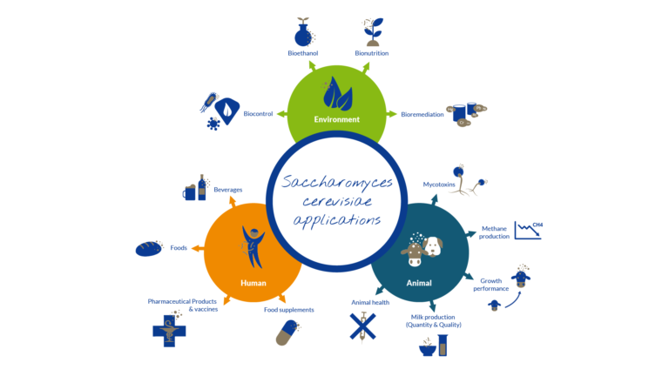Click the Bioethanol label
(x=303, y=54)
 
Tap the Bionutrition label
(x=371, y=54)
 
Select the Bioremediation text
(x=422, y=114)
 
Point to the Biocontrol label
(x=260, y=114)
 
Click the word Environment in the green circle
(x=336, y=119)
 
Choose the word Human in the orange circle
(x=253, y=283)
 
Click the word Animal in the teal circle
(x=419, y=283)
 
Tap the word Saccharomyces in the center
(x=336, y=184)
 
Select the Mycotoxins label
(x=439, y=185)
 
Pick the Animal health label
(x=370, y=303)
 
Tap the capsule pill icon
(x=287, y=333)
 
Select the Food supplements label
(x=289, y=310)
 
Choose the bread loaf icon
(x=150, y=249)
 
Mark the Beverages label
(x=227, y=190)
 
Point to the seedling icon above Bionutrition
(x=372, y=30)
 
